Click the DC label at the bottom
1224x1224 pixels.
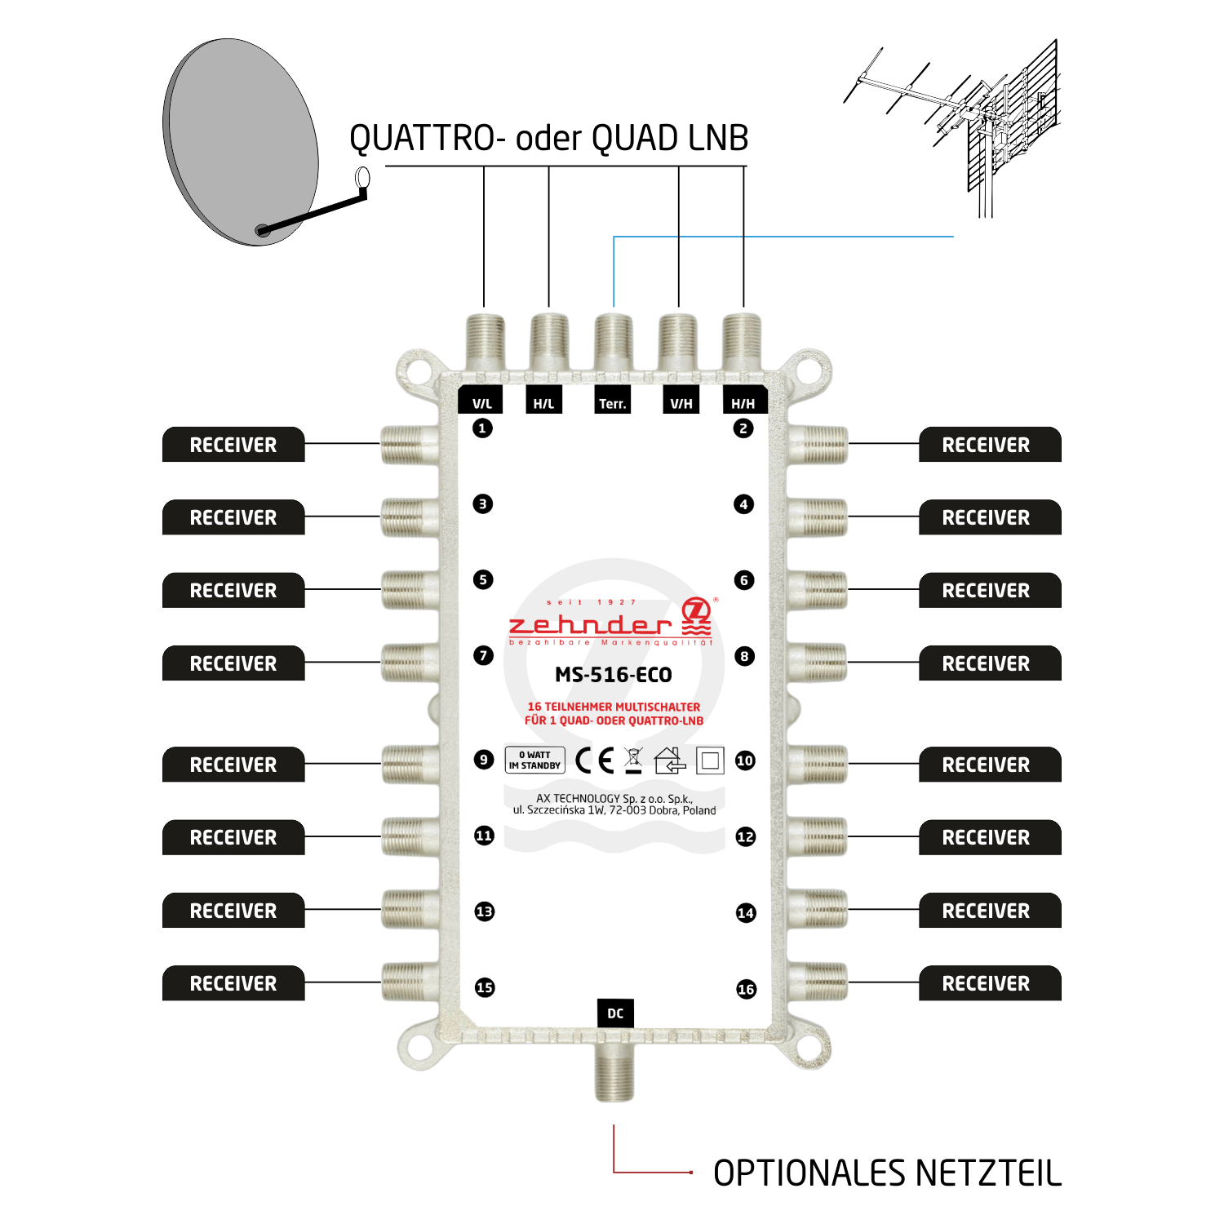point(615,1013)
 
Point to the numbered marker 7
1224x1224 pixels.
point(483,655)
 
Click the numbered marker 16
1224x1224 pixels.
point(746,989)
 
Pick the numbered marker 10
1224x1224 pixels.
point(745,761)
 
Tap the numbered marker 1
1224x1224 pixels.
point(482,428)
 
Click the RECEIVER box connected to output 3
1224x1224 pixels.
point(233,517)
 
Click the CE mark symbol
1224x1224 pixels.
point(594,761)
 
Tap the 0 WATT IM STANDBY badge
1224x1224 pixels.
point(534,761)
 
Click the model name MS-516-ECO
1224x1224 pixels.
point(614,675)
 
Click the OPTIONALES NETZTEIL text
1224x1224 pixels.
point(887,1173)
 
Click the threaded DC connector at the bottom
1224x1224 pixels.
point(614,1073)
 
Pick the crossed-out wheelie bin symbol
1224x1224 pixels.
point(633,761)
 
